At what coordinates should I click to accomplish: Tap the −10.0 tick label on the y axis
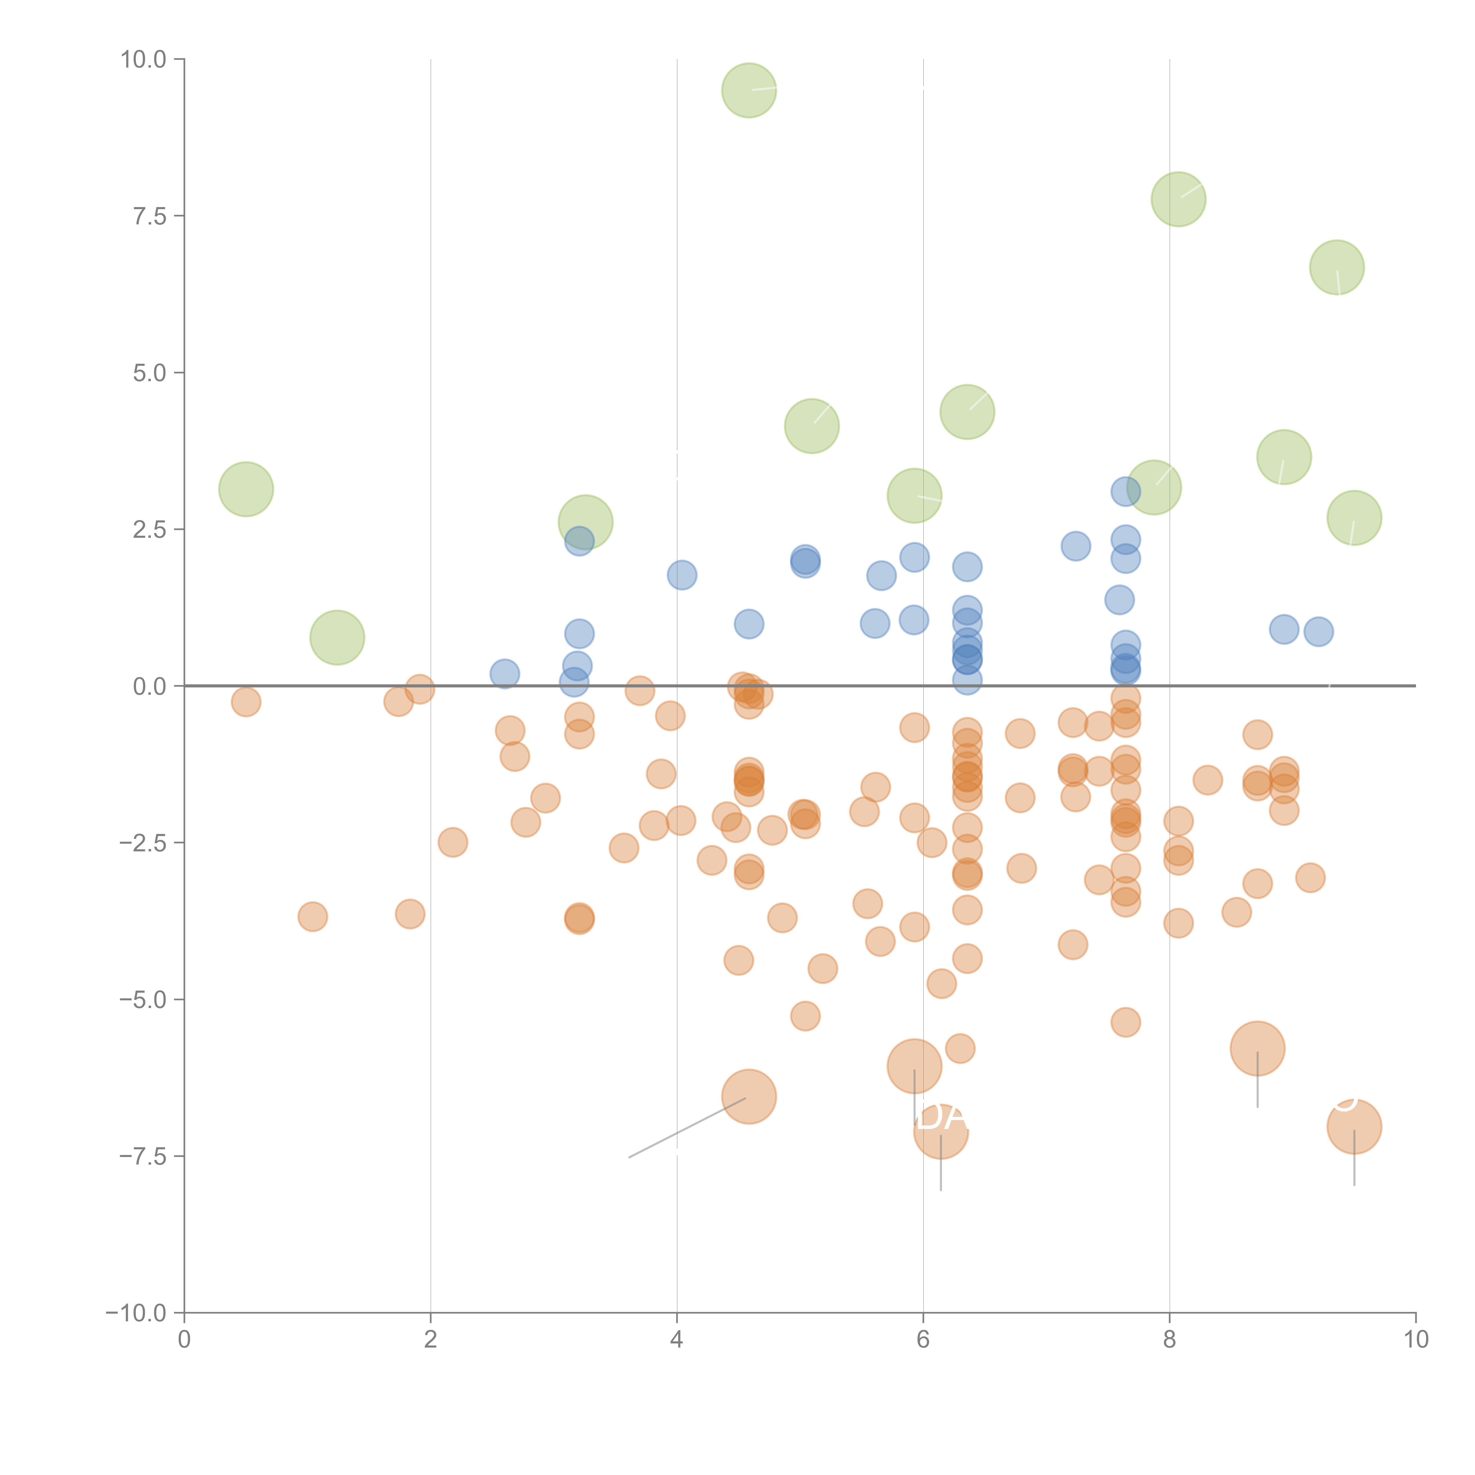pyautogui.click(x=136, y=1313)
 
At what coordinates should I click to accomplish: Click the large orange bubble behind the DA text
pyautogui.click(x=940, y=1131)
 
